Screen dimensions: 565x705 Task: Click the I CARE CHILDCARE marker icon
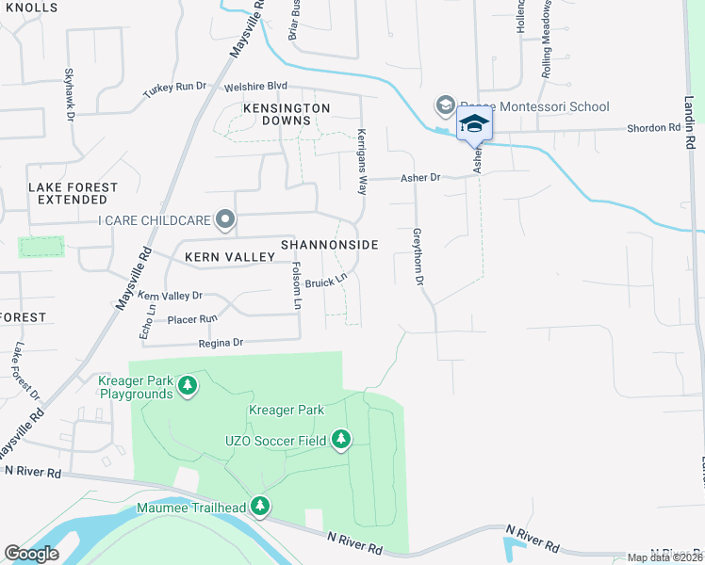click(x=224, y=220)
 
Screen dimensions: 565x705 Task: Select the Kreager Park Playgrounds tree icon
click(x=189, y=385)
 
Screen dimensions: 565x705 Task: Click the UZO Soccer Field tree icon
click(x=340, y=440)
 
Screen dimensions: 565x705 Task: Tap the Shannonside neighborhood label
click(x=329, y=245)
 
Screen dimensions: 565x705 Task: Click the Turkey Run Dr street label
click(x=174, y=88)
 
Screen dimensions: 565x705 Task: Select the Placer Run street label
click(x=191, y=319)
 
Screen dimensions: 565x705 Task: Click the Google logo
click(x=31, y=554)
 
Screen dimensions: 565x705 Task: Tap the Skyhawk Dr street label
click(x=69, y=93)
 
